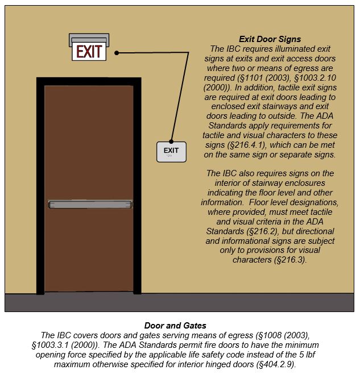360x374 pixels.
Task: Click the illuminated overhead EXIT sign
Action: pos(89,52)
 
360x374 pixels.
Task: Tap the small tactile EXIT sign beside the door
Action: pos(171,152)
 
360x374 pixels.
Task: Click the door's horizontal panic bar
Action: pos(91,202)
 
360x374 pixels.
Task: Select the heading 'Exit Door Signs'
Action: pos(266,39)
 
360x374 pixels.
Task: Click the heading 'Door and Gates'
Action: pos(175,326)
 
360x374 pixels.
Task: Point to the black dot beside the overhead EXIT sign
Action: pos(117,53)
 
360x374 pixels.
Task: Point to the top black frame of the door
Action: pos(89,81)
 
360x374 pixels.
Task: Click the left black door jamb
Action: pos(40,188)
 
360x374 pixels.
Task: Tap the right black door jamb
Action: pos(138,188)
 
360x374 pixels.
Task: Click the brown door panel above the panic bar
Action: pos(89,142)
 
